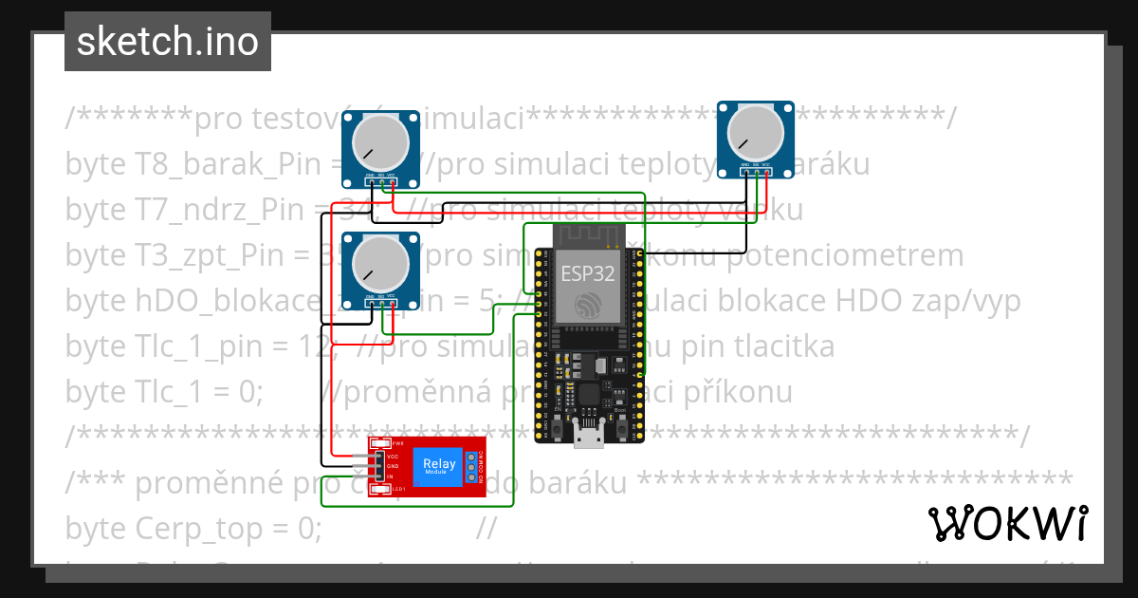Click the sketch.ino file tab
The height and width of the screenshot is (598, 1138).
(168, 42)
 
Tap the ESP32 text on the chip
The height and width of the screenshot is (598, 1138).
(588, 274)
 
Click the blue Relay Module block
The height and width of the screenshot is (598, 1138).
(438, 466)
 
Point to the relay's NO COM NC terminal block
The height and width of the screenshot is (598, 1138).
(469, 466)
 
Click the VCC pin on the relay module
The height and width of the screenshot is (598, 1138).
(378, 457)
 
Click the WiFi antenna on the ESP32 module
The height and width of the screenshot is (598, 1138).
(588, 234)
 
